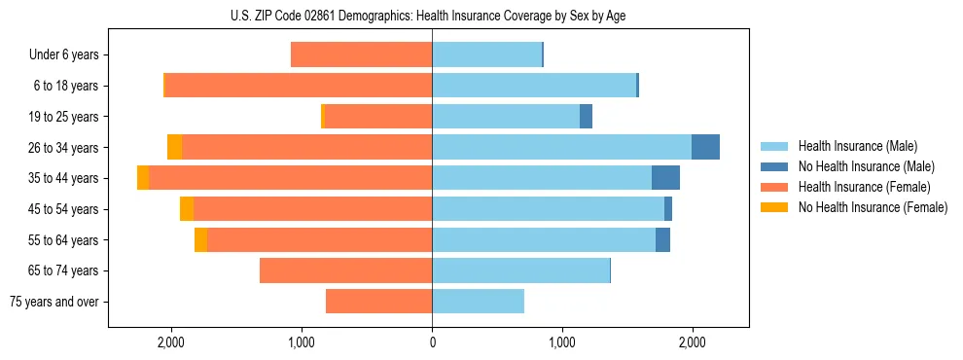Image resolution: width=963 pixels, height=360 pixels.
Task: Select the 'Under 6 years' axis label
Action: (x=70, y=55)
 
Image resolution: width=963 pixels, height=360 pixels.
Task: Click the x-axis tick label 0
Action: (x=432, y=342)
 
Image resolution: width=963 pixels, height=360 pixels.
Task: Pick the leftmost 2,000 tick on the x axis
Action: (x=170, y=342)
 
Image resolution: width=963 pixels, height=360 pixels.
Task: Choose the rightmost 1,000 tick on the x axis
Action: (x=562, y=342)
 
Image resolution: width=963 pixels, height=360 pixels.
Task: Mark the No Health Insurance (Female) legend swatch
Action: (x=774, y=207)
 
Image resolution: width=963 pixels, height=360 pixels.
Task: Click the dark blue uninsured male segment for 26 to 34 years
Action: (x=705, y=147)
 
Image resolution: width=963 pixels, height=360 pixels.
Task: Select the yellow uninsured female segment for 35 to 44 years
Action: (x=143, y=178)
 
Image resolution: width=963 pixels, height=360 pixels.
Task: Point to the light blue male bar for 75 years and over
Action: (x=478, y=302)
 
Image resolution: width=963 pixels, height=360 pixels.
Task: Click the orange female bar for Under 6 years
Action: (x=361, y=55)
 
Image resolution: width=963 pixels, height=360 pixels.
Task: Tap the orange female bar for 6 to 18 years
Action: (x=299, y=86)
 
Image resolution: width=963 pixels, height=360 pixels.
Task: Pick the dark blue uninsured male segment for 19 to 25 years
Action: (x=586, y=117)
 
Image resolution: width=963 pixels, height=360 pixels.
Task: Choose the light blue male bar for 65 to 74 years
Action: (x=520, y=270)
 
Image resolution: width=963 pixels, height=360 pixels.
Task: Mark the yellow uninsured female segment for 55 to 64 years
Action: (x=200, y=240)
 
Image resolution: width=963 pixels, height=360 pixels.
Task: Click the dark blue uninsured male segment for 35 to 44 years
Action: (x=665, y=178)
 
